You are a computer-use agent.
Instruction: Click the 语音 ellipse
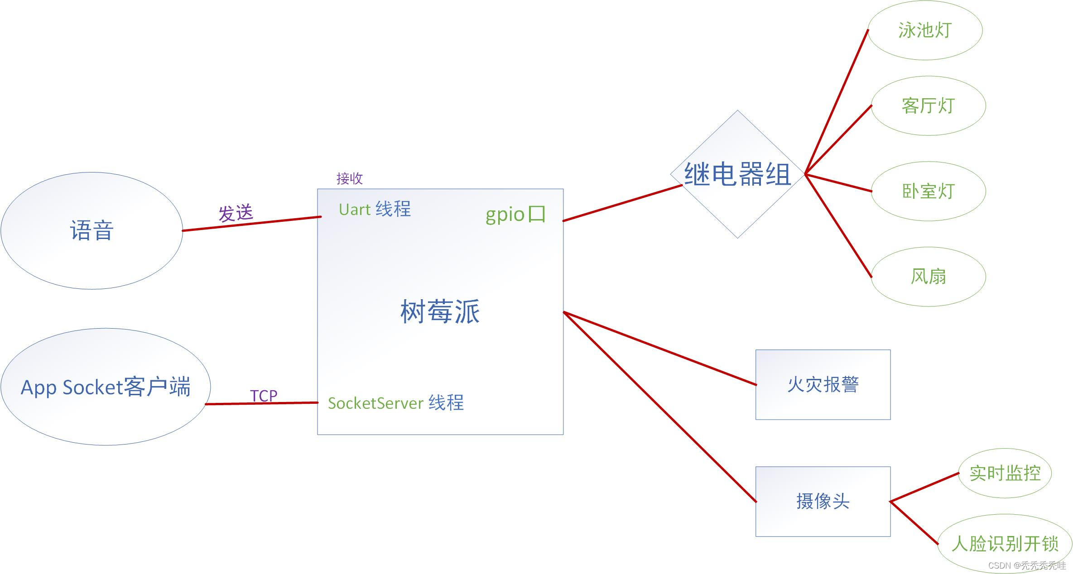[x=91, y=230]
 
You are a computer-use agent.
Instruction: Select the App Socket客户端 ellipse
[x=106, y=387]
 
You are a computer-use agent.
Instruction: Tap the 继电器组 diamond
[x=737, y=174]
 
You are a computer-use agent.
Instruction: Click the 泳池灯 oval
[x=924, y=30]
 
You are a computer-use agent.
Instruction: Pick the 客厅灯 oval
[x=928, y=105]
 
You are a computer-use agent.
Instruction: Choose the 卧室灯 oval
[x=928, y=191]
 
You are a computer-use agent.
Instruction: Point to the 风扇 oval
[x=928, y=276]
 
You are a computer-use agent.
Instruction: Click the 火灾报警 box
[x=823, y=384]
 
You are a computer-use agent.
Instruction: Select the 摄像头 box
[x=823, y=501]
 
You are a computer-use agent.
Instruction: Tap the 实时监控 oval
[x=1005, y=473]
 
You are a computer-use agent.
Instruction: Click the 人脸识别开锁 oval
[x=1005, y=543]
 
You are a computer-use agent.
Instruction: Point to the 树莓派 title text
[x=440, y=311]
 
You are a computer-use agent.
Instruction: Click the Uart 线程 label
[x=375, y=209]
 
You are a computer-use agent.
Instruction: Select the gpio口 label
[x=515, y=214]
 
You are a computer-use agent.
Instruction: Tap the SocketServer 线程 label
[x=396, y=403]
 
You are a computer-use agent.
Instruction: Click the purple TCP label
[x=264, y=396]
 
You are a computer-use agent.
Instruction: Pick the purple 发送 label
[x=236, y=213]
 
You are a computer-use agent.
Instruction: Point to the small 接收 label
[x=349, y=178]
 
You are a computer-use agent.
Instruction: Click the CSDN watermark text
[x=1026, y=565]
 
